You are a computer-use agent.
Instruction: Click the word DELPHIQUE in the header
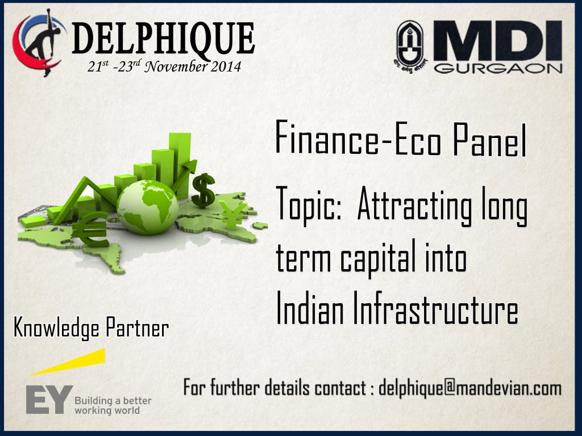coord(163,39)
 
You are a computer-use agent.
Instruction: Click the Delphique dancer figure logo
coord(39,43)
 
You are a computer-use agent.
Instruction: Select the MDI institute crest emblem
coord(410,47)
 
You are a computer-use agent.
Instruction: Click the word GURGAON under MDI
coord(498,68)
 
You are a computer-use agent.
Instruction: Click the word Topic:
coord(309,204)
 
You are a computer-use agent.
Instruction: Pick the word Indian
coord(310,308)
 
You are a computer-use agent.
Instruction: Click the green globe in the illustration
coord(148,207)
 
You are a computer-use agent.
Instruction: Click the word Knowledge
coord(57,328)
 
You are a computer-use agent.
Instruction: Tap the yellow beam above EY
coord(67,362)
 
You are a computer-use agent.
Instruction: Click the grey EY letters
coord(49,399)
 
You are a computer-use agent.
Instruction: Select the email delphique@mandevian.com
coord(470,388)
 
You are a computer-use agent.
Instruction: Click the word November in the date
coord(176,67)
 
